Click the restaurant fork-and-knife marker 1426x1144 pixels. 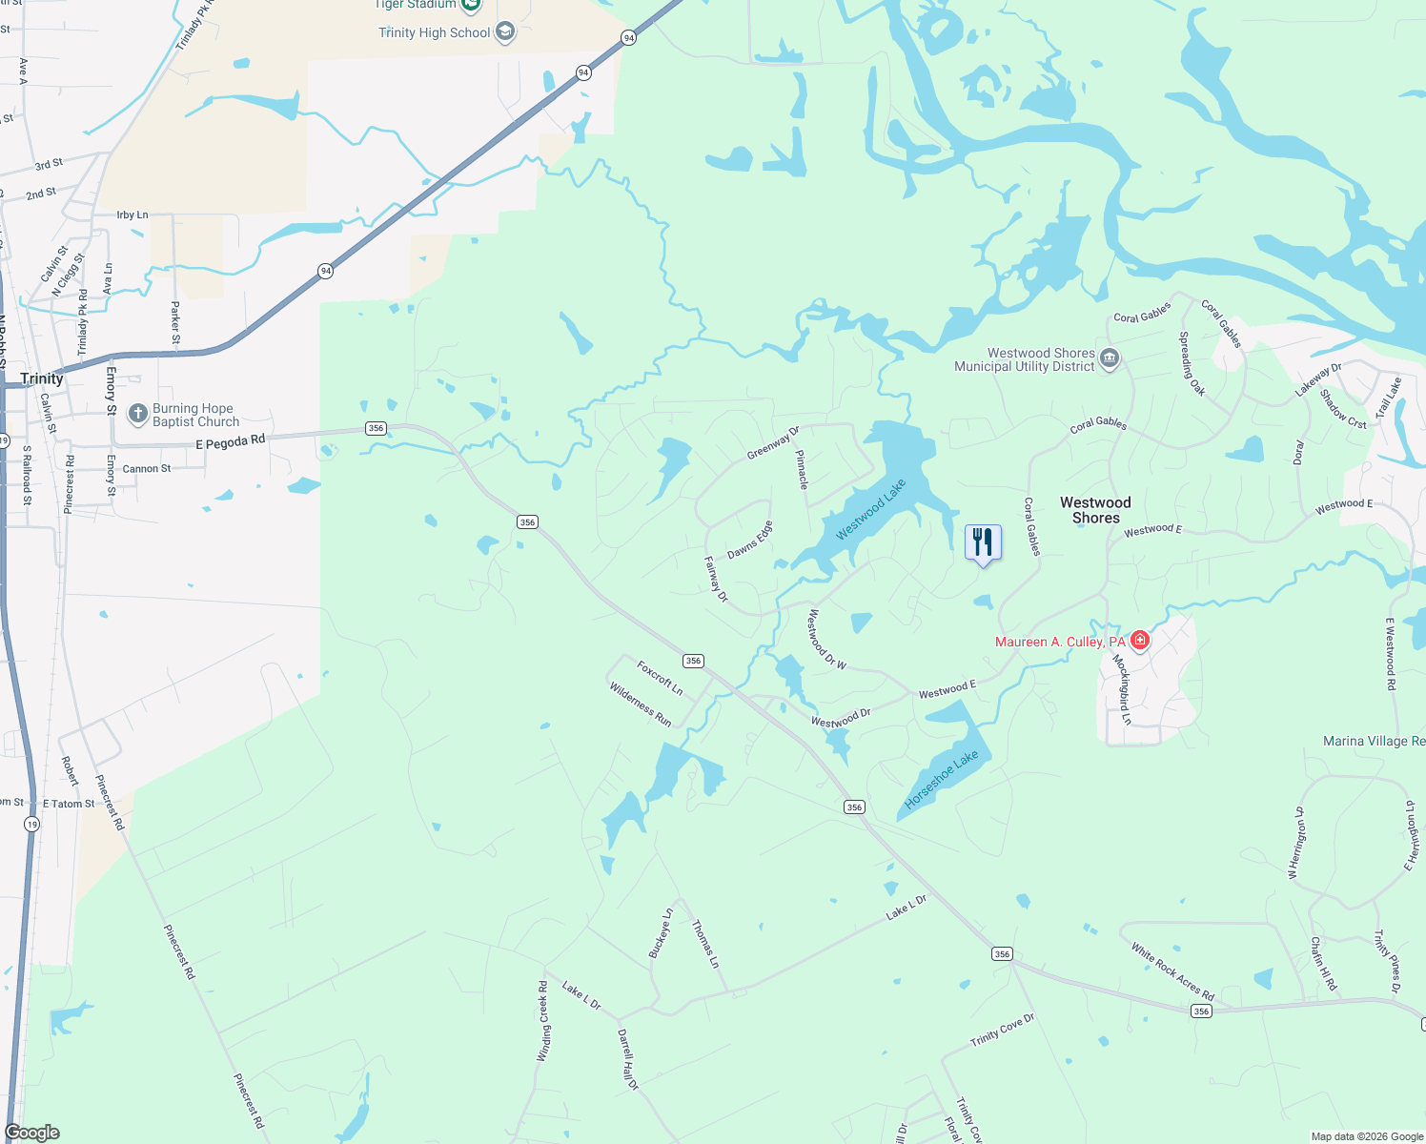pyautogui.click(x=983, y=542)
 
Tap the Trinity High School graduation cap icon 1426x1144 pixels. pyautogui.click(x=505, y=32)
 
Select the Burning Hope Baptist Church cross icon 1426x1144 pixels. pyautogui.click(x=138, y=414)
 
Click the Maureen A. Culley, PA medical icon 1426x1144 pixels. pyautogui.click(x=1140, y=641)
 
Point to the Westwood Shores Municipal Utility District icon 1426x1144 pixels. pyautogui.click(x=1109, y=359)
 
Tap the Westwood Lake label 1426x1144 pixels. pyautogui.click(x=870, y=510)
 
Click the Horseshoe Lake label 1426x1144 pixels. pyautogui.click(x=941, y=780)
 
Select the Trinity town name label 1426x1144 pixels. pyautogui.click(x=42, y=378)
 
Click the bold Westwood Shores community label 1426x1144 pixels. pyautogui.click(x=1095, y=510)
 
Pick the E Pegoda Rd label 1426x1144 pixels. pyautogui.click(x=230, y=442)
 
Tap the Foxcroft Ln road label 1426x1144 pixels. pyautogui.click(x=660, y=678)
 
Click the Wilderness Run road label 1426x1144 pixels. pyautogui.click(x=641, y=705)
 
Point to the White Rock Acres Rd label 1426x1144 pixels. pyautogui.click(x=1172, y=971)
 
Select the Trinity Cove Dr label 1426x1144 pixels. pyautogui.click(x=1002, y=1030)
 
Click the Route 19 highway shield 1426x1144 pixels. pyautogui.click(x=32, y=824)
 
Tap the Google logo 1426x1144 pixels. pyautogui.click(x=32, y=1133)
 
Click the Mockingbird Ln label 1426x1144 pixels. pyautogui.click(x=1122, y=689)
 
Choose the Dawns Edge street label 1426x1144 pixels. pyautogui.click(x=750, y=541)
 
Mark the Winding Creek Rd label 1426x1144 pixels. pyautogui.click(x=542, y=1021)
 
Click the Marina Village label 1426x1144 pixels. pyautogui.click(x=1374, y=741)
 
